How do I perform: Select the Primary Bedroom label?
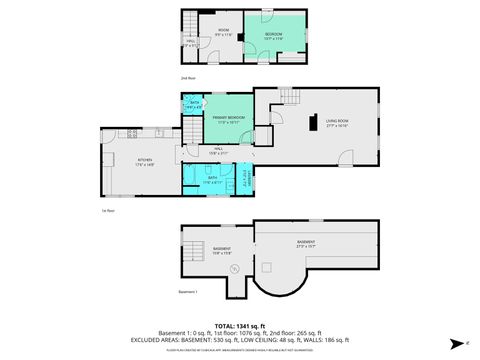tap(229, 119)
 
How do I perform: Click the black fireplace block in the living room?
tap(313, 124)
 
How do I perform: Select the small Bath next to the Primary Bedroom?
tap(193, 105)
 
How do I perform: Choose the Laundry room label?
tap(247, 179)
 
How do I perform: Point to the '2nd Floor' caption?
tap(188, 77)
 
